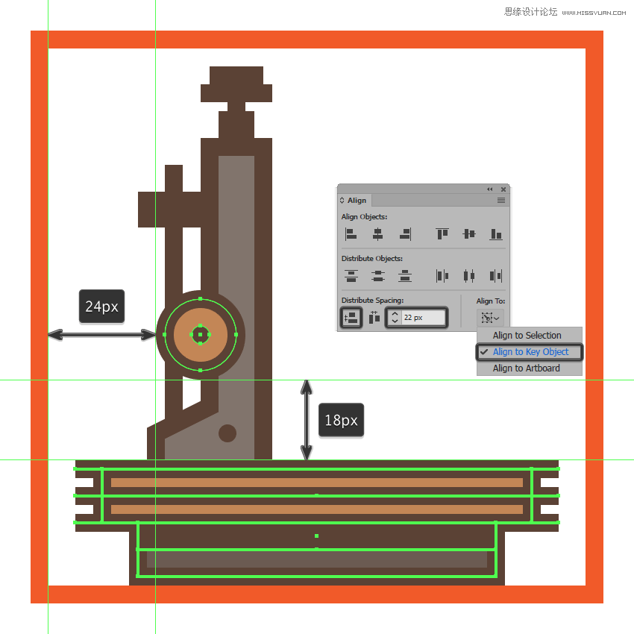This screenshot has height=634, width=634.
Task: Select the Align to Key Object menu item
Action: pos(530,352)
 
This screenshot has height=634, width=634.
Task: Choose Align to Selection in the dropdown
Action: pos(527,335)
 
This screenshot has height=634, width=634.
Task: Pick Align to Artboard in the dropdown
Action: pos(526,368)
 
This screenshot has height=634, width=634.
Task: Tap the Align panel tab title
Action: pos(357,200)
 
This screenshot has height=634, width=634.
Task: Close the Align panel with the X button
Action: pos(503,189)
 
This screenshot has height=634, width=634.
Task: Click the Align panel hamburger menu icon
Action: pos(501,200)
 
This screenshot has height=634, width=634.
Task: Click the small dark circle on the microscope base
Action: pos(227,433)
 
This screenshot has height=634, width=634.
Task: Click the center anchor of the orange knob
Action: pos(200,334)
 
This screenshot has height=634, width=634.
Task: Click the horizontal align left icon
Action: pos(351,233)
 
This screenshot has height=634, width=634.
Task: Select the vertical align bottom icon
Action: pos(496,233)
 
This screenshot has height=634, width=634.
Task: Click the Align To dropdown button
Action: pos(490,318)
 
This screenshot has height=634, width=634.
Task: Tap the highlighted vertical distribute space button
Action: pos(351,318)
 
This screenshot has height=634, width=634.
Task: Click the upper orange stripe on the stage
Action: pos(316,483)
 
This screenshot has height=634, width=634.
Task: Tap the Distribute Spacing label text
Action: pos(372,300)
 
